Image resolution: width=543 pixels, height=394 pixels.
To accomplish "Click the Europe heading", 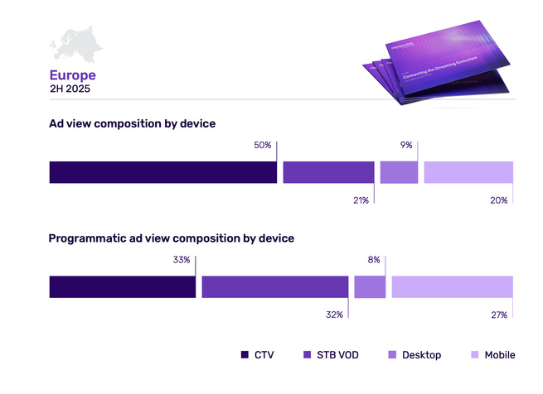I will click(x=72, y=75).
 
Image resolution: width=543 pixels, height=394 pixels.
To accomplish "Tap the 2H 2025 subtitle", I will click(x=71, y=89).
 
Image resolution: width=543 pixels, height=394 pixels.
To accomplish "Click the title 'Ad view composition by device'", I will click(x=132, y=123).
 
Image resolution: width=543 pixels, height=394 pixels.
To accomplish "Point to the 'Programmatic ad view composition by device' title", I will click(x=172, y=238).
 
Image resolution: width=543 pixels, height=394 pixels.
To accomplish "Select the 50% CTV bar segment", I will click(x=162, y=172).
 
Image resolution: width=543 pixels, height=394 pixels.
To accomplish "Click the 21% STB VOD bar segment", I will click(x=328, y=172).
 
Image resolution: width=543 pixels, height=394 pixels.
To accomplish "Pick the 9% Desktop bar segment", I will click(x=399, y=172).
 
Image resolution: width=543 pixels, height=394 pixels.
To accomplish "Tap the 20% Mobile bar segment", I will click(x=468, y=172).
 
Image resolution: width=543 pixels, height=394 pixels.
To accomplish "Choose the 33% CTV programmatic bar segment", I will click(x=122, y=286).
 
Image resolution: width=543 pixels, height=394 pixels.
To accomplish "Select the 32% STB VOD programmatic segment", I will click(x=274, y=286).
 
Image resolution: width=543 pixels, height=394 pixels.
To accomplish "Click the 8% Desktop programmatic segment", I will click(x=370, y=286).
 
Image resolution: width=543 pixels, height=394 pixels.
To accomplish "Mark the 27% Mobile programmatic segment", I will click(x=452, y=286).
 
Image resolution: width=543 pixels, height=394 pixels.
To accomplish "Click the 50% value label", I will click(x=263, y=145).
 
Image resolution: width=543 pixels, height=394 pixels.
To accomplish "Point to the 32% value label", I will click(x=335, y=315).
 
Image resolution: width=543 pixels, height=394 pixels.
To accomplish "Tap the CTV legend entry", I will click(x=257, y=355).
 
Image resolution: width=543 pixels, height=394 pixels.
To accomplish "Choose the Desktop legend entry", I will click(x=415, y=355).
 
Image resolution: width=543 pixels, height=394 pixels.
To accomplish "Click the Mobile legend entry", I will click(x=492, y=355).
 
